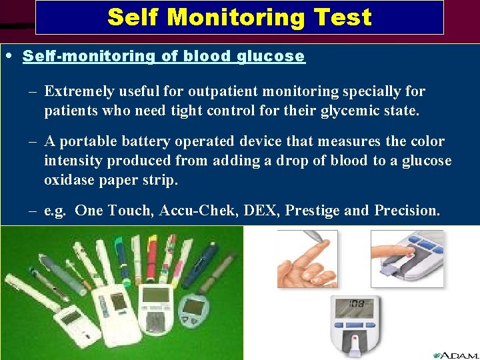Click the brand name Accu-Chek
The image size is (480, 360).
point(197,211)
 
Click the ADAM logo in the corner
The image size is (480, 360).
point(455,355)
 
